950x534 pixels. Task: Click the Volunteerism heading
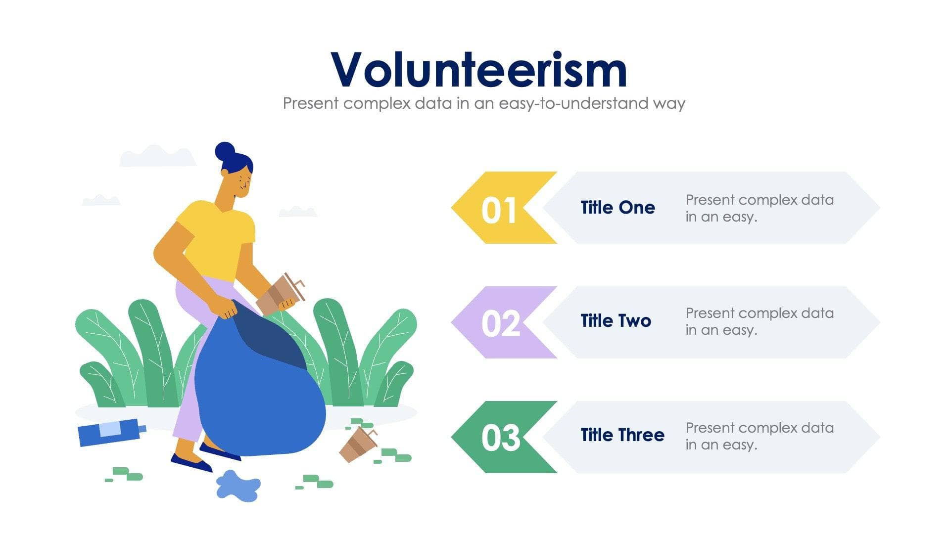(x=478, y=70)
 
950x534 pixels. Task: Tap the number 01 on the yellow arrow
(x=499, y=210)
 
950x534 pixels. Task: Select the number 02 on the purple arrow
(x=500, y=324)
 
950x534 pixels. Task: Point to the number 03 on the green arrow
(x=500, y=438)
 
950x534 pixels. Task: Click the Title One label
(x=617, y=208)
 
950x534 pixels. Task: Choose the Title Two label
(x=616, y=321)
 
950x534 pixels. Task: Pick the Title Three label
(x=622, y=435)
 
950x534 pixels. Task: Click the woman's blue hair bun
(x=225, y=151)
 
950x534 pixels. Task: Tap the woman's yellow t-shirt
(x=218, y=237)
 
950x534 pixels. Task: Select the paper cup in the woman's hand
(x=280, y=295)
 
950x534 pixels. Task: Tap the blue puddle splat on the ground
(x=238, y=486)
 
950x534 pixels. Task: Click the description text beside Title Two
(x=759, y=321)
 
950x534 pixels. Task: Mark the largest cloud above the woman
(x=157, y=156)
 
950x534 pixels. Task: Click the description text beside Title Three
(x=759, y=436)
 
